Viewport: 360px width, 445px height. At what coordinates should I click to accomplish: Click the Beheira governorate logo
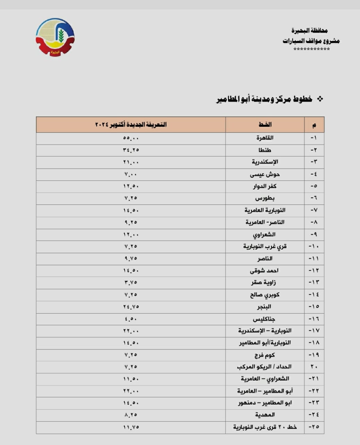click(x=55, y=37)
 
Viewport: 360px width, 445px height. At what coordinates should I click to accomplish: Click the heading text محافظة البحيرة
click(x=309, y=31)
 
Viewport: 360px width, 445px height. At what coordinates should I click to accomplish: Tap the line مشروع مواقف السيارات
click(x=311, y=41)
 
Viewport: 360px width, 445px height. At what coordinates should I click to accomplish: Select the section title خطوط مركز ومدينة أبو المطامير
click(x=264, y=99)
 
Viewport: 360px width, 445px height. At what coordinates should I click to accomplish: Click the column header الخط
click(x=265, y=124)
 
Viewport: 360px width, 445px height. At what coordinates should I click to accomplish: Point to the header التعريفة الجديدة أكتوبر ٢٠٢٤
click(x=131, y=124)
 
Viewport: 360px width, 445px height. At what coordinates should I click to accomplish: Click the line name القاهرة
click(x=265, y=138)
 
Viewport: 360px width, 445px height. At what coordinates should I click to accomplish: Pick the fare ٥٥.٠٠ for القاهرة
click(x=131, y=138)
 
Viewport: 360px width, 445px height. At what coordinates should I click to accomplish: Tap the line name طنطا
click(x=265, y=150)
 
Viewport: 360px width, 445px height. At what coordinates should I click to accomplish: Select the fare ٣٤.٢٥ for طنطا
click(x=131, y=150)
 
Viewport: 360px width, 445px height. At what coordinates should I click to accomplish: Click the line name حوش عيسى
click(x=265, y=174)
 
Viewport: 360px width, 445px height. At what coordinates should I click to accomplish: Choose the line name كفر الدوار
click(x=265, y=186)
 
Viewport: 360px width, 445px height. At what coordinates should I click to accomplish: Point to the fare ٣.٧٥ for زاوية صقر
click(x=131, y=283)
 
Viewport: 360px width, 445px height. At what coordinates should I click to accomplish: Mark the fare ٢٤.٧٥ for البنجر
click(x=131, y=307)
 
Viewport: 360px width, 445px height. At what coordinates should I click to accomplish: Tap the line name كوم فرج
click(x=265, y=355)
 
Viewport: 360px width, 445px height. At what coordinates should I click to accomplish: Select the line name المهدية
click(x=265, y=415)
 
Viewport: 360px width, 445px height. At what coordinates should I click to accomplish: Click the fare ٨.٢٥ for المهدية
click(x=131, y=415)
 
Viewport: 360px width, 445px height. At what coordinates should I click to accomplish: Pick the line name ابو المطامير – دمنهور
click(x=265, y=403)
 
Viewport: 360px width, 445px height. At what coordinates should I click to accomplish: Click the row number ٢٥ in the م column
click(x=314, y=427)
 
